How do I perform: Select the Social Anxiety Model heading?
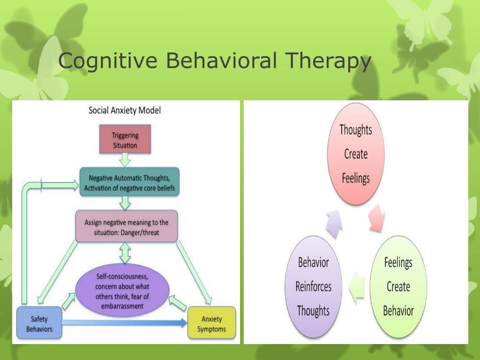125,111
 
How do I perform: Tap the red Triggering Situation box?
125,140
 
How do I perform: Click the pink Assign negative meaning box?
126,226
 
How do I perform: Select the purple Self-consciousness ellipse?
122,291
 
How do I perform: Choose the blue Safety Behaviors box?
39,323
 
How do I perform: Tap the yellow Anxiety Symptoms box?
211,323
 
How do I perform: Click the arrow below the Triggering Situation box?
125,161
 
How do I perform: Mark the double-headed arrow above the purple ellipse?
125,253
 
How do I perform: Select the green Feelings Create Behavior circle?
398,287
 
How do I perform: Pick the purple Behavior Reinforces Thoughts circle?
313,287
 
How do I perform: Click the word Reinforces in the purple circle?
313,286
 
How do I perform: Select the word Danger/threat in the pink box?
139,232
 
